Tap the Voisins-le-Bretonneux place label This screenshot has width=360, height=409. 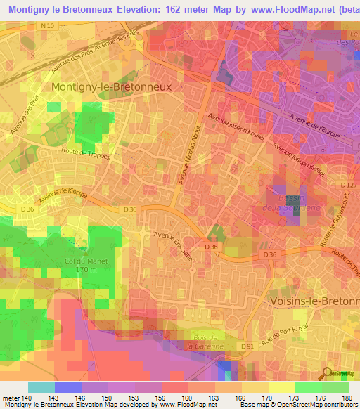[x=315, y=300]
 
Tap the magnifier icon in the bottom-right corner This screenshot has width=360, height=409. [x=328, y=372]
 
